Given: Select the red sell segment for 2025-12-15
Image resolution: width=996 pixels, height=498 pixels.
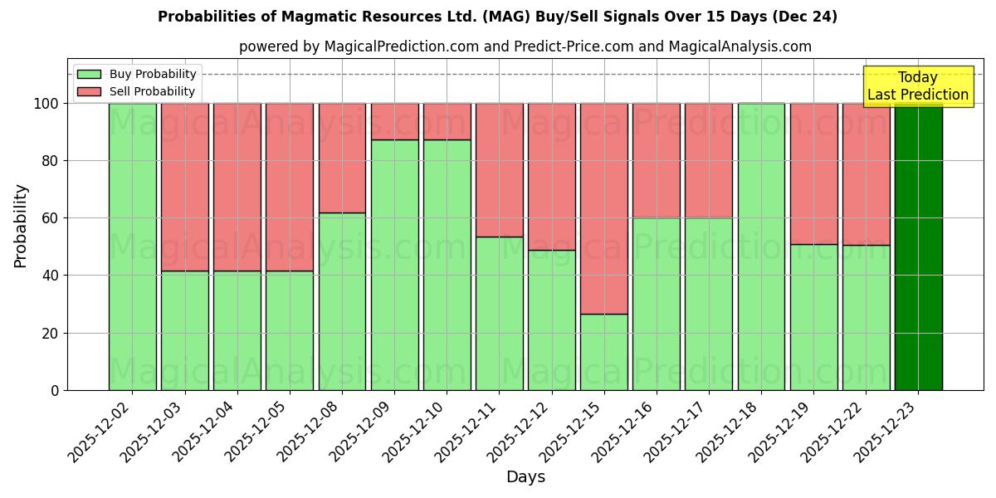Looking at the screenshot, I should pyautogui.click(x=604, y=208).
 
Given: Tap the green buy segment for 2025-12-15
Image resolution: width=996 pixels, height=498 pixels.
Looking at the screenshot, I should pyautogui.click(x=604, y=352).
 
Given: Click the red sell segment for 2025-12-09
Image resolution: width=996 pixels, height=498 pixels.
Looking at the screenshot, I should pyautogui.click(x=394, y=121).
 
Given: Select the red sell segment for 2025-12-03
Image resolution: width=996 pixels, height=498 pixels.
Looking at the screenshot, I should pyautogui.click(x=185, y=187).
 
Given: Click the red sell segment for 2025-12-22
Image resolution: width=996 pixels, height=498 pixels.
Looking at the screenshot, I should pyautogui.click(x=866, y=173).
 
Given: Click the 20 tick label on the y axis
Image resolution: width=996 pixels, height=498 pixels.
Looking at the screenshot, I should pyautogui.click(x=51, y=333).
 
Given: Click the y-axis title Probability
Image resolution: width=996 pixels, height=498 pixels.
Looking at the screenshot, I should pyautogui.click(x=21, y=225).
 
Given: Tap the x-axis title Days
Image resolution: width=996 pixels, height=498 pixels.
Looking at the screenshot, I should pyautogui.click(x=525, y=477).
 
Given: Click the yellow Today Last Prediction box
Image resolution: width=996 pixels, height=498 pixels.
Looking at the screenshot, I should pyautogui.click(x=918, y=86).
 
